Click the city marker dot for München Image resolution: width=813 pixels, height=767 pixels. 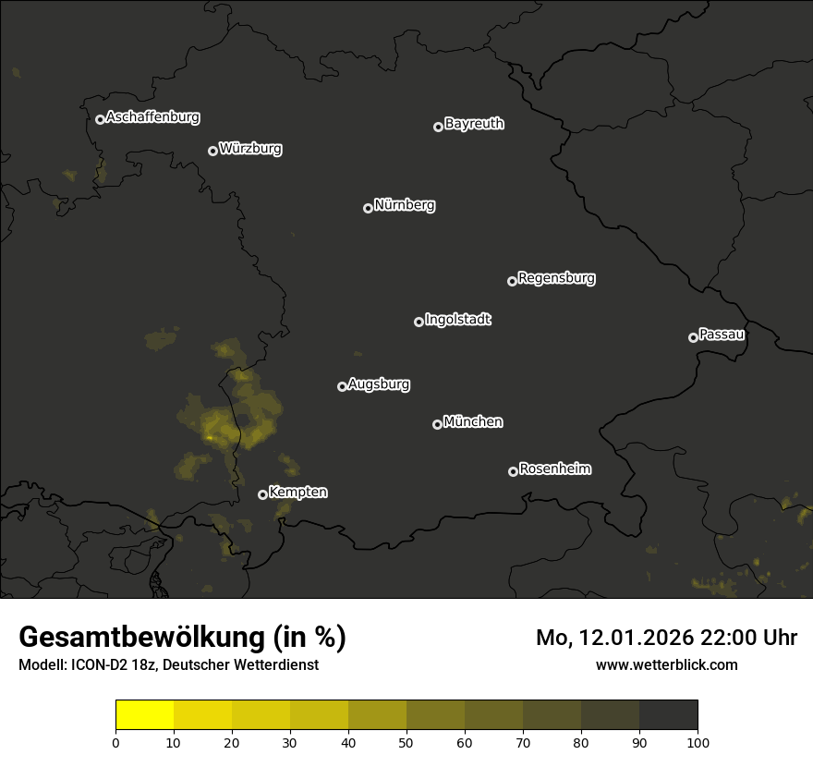pyautogui.click(x=437, y=424)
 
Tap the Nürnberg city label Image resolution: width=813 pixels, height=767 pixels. pyautogui.click(x=405, y=205)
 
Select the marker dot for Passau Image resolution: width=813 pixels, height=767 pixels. pyautogui.click(x=693, y=337)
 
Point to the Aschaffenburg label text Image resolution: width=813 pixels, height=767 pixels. pyautogui.click(x=152, y=117)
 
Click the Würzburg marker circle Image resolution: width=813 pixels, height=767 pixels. pyautogui.click(x=212, y=151)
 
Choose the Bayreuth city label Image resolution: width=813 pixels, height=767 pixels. pyautogui.click(x=474, y=124)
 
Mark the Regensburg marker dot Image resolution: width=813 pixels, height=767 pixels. pyautogui.click(x=512, y=281)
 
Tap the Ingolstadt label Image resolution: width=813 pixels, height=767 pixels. pyautogui.click(x=457, y=320)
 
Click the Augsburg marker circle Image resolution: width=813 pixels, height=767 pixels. pyautogui.click(x=342, y=386)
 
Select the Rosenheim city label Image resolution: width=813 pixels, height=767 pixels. pyautogui.click(x=554, y=469)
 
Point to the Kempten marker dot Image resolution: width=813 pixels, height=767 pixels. pyautogui.click(x=262, y=494)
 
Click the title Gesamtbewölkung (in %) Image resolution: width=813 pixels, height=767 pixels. pyautogui.click(x=182, y=638)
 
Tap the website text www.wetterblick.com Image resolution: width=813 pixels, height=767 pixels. pyautogui.click(x=666, y=664)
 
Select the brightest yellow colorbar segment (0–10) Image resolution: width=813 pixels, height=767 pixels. pyautogui.click(x=145, y=715)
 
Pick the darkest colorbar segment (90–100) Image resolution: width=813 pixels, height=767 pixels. pyautogui.click(x=668, y=715)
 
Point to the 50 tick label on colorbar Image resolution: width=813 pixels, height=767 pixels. pyautogui.click(x=406, y=742)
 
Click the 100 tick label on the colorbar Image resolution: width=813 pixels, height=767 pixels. pyautogui.click(x=698, y=742)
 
